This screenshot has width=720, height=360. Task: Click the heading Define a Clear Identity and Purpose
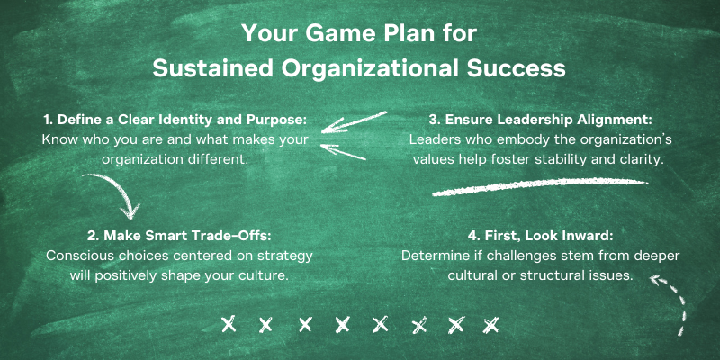pyautogui.click(x=175, y=121)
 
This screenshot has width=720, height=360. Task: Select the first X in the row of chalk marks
pyautogui.click(x=229, y=325)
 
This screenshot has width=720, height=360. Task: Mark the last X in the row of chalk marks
pyautogui.click(x=490, y=325)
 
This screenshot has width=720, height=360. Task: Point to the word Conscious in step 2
pyautogui.click(x=76, y=256)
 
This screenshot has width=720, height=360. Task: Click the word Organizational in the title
pyautogui.click(x=370, y=69)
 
